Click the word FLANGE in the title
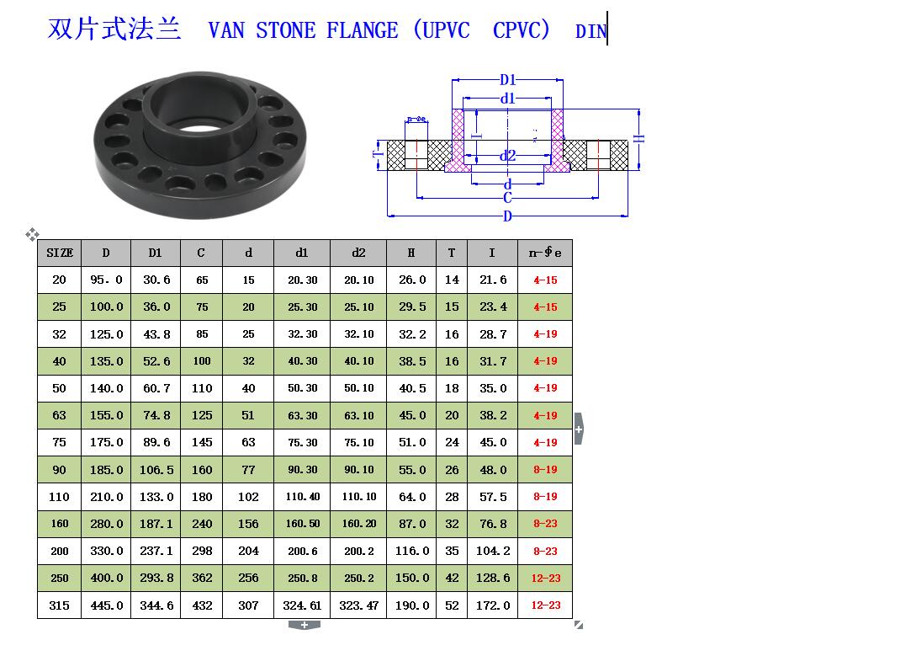[x=362, y=30]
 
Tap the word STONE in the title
[x=286, y=30]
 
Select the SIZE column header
[x=60, y=253]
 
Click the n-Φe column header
[x=545, y=253]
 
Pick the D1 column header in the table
[x=155, y=253]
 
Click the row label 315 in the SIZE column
[x=59, y=605]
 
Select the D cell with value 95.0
[x=106, y=280]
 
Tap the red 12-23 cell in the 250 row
[x=546, y=578]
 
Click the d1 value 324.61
[x=302, y=605]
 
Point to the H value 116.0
[x=412, y=551]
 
